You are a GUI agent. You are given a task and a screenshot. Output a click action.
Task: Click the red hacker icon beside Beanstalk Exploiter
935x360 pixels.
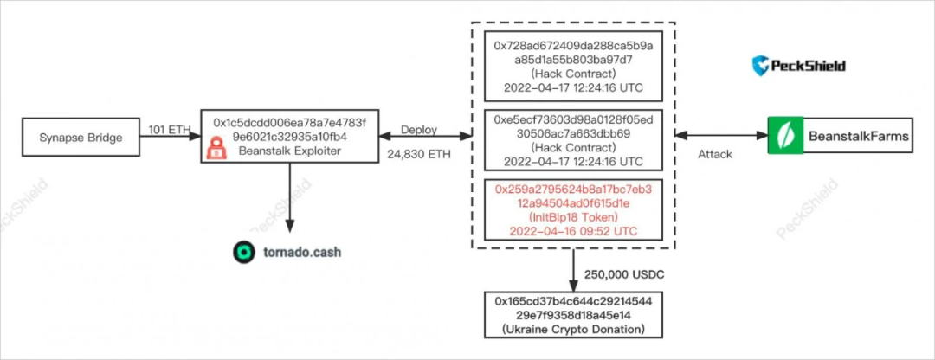coord(216,150)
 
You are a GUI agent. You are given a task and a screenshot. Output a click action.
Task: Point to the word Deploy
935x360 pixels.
coord(418,129)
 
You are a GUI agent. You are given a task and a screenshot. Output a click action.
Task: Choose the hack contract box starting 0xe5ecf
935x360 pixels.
coord(572,138)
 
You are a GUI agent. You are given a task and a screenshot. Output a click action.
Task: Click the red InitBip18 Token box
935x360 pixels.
coord(572,209)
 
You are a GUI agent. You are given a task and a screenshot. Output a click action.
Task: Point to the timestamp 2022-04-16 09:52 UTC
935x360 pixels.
coord(572,230)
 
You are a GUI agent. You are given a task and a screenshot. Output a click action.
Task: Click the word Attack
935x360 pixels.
coord(716,154)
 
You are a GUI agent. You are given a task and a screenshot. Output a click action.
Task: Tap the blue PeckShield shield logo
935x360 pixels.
coord(761,66)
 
